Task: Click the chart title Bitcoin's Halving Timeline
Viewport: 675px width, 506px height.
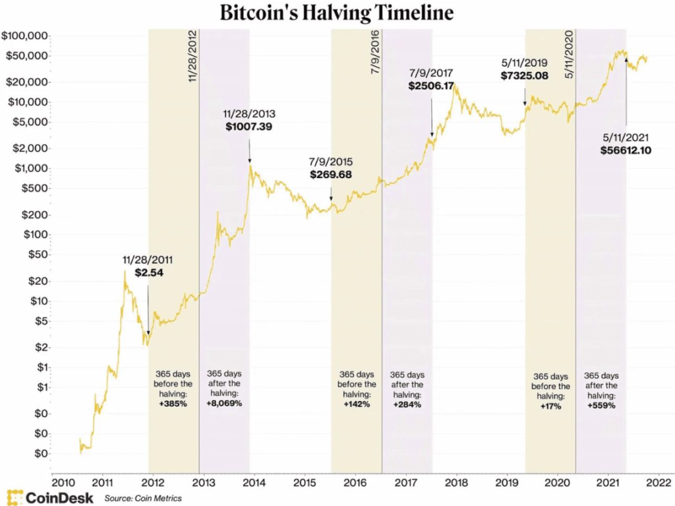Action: click(337, 13)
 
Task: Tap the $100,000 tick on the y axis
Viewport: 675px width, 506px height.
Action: click(24, 35)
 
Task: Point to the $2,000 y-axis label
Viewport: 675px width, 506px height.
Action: click(28, 148)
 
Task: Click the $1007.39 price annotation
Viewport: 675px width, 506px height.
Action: click(249, 126)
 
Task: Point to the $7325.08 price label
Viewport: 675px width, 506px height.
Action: click(525, 77)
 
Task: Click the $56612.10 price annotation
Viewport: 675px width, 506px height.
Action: click(626, 150)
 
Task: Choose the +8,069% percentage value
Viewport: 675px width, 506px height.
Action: click(224, 403)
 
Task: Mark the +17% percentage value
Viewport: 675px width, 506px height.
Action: click(550, 406)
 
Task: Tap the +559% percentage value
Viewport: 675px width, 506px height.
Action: click(601, 406)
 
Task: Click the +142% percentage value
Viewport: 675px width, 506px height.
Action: click(357, 404)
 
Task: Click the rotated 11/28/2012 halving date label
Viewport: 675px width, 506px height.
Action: click(192, 56)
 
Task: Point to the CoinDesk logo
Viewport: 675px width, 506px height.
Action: click(49, 497)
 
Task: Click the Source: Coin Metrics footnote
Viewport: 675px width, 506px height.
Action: click(143, 498)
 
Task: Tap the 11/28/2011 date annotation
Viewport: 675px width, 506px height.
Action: click(147, 259)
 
